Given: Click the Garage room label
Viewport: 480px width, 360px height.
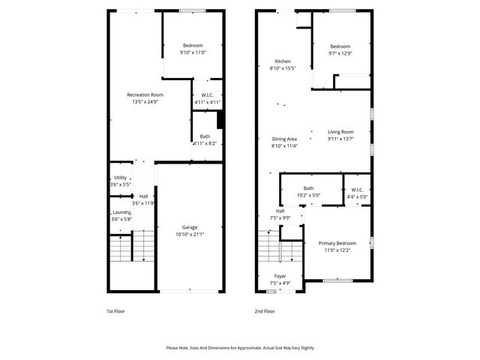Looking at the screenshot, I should tap(190, 226).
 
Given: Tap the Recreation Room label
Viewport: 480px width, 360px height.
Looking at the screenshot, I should tap(145, 94).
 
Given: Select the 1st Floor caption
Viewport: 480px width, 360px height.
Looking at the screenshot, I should tap(115, 310).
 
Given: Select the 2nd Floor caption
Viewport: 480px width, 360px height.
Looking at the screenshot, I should tap(265, 310).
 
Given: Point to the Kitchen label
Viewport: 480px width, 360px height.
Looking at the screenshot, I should tap(283, 61).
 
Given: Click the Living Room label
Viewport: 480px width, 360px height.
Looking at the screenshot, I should tap(340, 131).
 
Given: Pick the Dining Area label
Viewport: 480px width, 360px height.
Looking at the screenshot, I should tap(284, 139).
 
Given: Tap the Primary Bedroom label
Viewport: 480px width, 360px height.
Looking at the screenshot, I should tap(337, 243).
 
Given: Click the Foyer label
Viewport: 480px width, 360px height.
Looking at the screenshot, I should tap(280, 276).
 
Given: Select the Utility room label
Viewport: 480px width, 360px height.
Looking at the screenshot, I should tap(120, 177).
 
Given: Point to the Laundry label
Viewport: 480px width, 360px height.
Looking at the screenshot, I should tap(121, 212).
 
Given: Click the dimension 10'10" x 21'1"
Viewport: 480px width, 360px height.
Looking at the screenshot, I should tap(190, 234).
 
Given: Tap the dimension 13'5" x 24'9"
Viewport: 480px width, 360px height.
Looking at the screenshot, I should tap(145, 102).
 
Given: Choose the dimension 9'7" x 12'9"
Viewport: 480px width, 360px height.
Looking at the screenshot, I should tap(340, 53).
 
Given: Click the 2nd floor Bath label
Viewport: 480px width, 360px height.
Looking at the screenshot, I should tap(308, 188).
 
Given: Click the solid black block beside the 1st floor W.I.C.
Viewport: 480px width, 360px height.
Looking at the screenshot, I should tap(220, 120).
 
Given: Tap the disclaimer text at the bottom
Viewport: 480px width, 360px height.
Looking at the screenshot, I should tap(240, 348).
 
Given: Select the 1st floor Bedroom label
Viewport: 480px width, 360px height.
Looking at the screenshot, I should tap(192, 46).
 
